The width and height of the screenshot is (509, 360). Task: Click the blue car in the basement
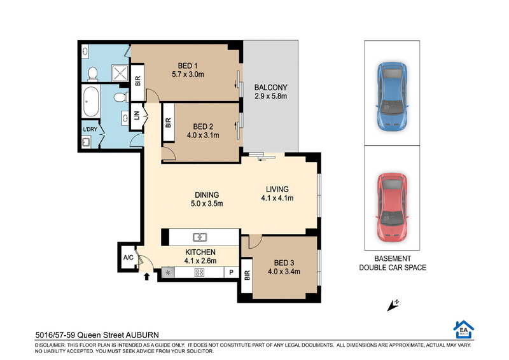tap(392, 97)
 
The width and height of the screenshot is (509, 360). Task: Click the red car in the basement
tap(392, 207)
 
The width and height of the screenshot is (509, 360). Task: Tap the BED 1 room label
tap(188, 66)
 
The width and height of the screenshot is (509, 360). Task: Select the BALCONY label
tap(271, 88)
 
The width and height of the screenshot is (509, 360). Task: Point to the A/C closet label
tap(129, 258)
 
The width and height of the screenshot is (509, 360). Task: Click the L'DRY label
tap(90, 129)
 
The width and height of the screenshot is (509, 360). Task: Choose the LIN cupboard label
tap(137, 115)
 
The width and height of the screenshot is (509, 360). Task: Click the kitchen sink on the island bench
tap(200, 237)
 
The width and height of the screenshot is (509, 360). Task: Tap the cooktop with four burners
tap(199, 272)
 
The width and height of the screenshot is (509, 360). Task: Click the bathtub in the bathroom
tap(90, 102)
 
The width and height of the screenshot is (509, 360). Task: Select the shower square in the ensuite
tap(120, 73)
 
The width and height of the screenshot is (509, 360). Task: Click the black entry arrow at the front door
tap(147, 276)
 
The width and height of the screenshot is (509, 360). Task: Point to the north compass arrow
tap(393, 305)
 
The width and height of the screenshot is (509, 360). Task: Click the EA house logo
tap(464, 329)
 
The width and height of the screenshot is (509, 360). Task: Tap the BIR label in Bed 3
tap(248, 275)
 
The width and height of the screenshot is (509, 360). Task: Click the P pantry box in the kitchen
tap(232, 272)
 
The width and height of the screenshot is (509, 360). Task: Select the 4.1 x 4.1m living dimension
tap(277, 198)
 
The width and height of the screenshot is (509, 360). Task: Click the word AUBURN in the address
tap(142, 335)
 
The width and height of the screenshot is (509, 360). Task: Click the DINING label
tap(207, 195)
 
